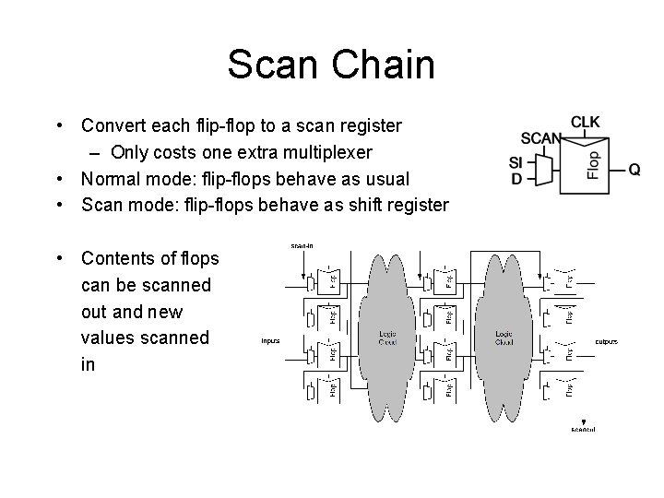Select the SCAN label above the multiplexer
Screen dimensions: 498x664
(x=541, y=139)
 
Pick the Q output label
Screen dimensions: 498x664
(x=635, y=170)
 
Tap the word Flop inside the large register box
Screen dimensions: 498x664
(x=594, y=164)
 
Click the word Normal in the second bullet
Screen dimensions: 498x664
(x=113, y=178)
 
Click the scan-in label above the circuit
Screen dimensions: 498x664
(x=302, y=246)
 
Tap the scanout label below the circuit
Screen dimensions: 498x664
(x=583, y=430)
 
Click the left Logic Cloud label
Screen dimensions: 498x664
(x=388, y=338)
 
